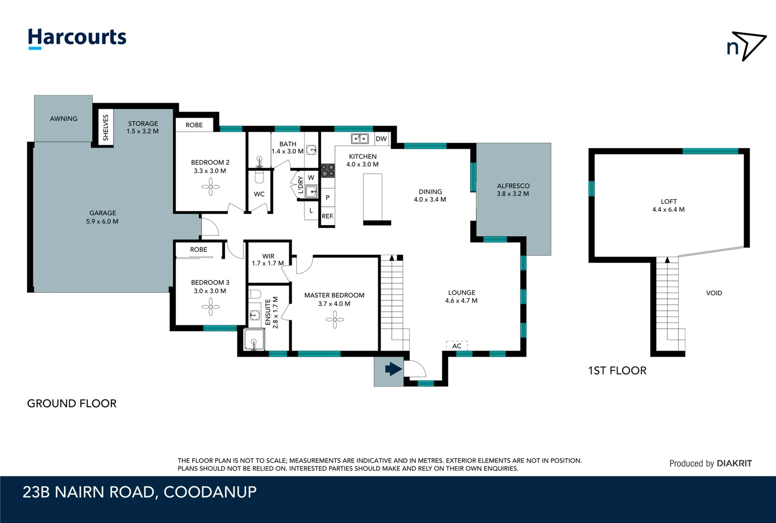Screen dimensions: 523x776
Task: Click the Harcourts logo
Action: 77,38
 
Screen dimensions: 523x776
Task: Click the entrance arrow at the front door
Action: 393,370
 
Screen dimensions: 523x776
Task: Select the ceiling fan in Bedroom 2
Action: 211,186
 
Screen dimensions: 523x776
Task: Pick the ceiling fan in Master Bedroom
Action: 335,320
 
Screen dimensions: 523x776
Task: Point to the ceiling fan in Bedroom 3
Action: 211,307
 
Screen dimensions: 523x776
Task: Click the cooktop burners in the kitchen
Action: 328,170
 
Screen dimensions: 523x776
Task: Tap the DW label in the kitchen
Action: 381,139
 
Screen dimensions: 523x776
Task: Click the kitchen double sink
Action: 360,139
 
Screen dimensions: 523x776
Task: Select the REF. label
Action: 328,216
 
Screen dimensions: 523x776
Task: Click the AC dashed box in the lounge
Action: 456,345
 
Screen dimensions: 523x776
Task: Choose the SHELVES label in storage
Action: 106,127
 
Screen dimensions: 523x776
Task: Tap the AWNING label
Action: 63,119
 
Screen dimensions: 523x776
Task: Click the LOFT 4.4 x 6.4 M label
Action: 669,205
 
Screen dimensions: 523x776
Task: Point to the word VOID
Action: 714,293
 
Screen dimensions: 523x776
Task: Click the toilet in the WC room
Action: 259,177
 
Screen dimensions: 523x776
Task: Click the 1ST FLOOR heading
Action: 617,371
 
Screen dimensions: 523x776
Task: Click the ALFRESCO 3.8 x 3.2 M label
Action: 513,190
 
